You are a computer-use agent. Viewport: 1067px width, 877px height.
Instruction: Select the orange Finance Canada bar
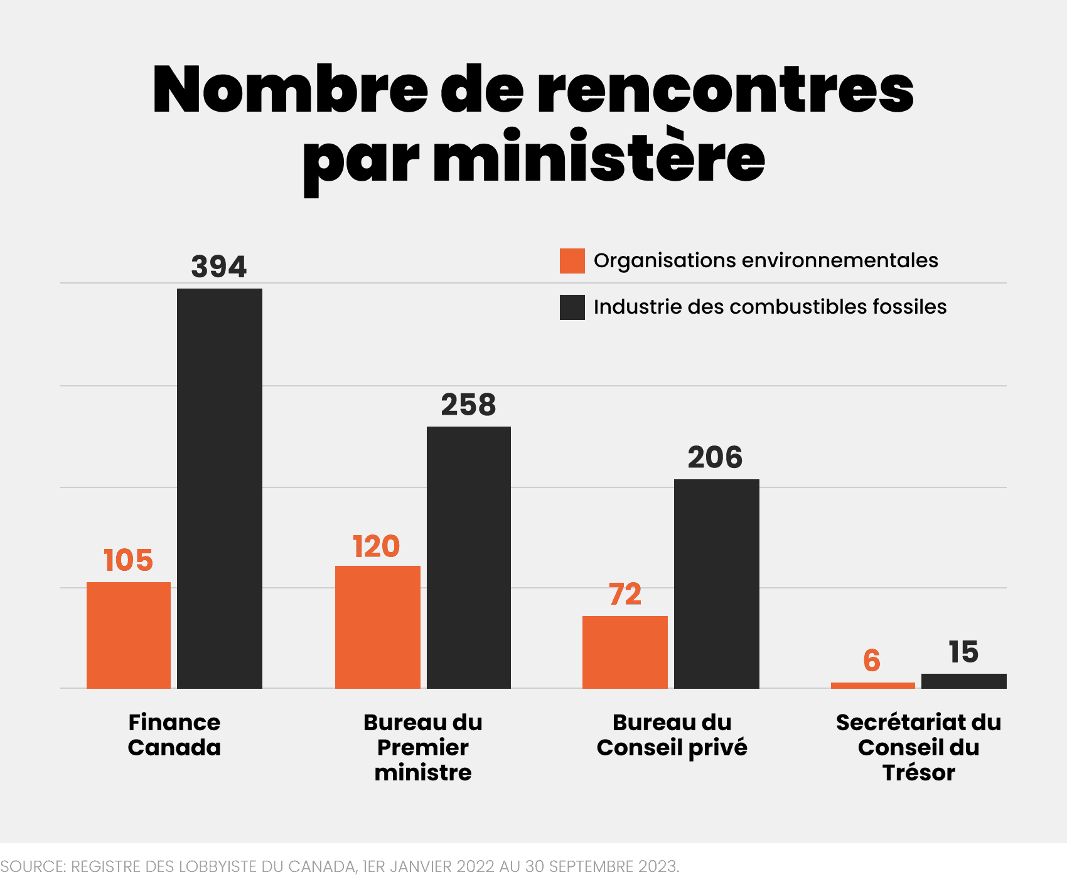(x=129, y=635)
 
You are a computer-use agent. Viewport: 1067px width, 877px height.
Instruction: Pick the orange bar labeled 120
(x=377, y=627)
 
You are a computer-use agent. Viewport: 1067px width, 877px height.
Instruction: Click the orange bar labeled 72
(x=625, y=652)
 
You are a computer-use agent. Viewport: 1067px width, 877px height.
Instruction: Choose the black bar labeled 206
(x=716, y=583)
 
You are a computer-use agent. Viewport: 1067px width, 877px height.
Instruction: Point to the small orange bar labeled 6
(x=872, y=685)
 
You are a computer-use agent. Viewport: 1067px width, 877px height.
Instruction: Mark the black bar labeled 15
(x=963, y=681)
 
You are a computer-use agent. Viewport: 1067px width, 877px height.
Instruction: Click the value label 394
(x=219, y=267)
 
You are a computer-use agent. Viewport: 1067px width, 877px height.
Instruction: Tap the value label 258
(x=468, y=405)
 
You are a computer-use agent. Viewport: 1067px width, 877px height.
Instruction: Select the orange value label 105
(x=128, y=560)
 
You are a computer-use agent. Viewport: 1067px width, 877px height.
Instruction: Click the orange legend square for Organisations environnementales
(x=572, y=261)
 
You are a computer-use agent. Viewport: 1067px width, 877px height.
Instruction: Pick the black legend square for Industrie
(x=572, y=307)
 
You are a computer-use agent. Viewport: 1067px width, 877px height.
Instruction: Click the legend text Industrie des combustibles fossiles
(x=769, y=307)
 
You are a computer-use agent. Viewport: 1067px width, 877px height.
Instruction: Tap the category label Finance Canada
(x=174, y=735)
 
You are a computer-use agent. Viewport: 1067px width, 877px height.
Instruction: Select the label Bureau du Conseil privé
(x=672, y=735)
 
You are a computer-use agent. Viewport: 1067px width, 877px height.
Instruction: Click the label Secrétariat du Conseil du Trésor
(x=918, y=747)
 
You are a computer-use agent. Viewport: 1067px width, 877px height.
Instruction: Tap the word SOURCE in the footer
(x=33, y=866)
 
